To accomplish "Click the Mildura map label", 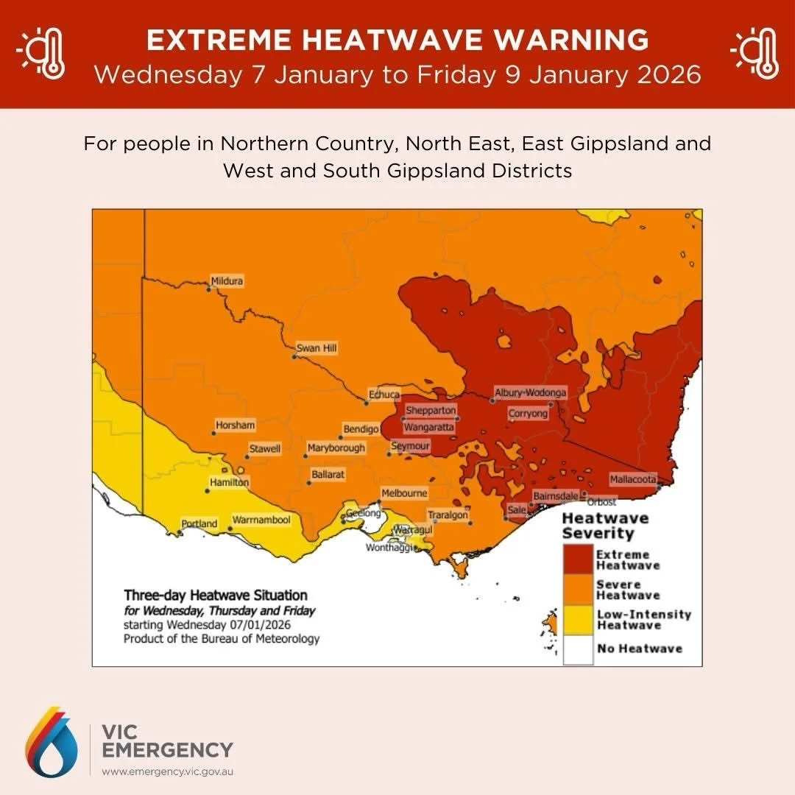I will click(x=227, y=281).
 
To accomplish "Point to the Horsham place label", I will click(x=236, y=425).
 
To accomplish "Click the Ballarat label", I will click(x=328, y=476).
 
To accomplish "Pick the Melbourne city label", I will click(x=403, y=493).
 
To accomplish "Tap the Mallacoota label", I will click(x=633, y=479).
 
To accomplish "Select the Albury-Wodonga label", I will click(x=530, y=393).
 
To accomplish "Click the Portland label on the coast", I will click(x=199, y=524).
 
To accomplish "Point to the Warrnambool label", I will click(x=261, y=520).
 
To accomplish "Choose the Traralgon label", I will click(x=448, y=515).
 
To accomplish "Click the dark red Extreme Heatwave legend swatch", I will click(x=578, y=559).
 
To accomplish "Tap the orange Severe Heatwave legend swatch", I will click(x=578, y=590).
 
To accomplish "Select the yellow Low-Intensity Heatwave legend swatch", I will click(x=578, y=620).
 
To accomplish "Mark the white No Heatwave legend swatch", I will click(x=578, y=649).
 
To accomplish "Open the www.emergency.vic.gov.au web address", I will click(x=167, y=772).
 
